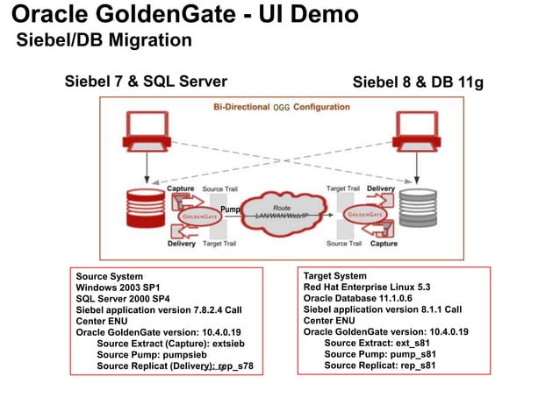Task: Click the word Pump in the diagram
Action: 229,209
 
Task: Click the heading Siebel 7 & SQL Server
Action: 140,82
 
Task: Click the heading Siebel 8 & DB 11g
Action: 418,82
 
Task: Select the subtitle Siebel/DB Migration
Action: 104,40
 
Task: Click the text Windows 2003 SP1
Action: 118,288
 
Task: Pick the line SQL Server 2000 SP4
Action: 122,299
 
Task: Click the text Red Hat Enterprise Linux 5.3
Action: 366,287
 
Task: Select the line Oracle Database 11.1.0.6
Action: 356,298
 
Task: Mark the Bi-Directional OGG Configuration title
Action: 282,108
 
